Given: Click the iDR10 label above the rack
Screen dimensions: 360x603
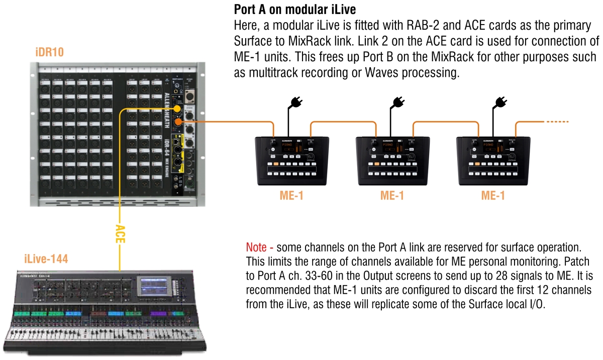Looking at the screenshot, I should point(50,52).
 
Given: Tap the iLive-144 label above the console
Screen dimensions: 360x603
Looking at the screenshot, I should point(46,259).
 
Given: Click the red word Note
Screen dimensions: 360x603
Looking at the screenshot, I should point(259,248).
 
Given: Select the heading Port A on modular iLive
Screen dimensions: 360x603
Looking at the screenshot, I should point(295,10).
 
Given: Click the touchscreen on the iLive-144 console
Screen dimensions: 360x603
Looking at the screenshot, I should point(154,287).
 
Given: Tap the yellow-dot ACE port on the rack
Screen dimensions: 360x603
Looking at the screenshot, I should point(177,109).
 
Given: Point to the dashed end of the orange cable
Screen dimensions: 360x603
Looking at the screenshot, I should point(556,122).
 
